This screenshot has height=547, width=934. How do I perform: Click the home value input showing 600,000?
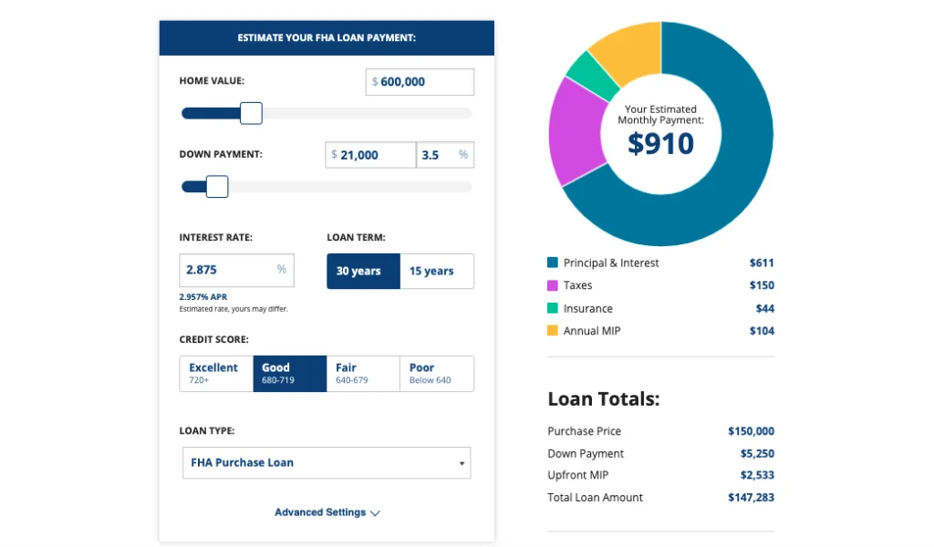pos(420,81)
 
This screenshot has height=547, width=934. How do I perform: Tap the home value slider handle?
pos(251,113)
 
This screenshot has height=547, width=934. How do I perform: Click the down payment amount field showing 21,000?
pos(370,155)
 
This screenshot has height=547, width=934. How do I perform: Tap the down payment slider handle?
pos(217,187)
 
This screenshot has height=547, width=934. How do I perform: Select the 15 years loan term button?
pos(436,271)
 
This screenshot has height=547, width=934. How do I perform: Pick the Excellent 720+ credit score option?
pos(216,373)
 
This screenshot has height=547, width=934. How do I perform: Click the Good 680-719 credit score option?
pos(289,373)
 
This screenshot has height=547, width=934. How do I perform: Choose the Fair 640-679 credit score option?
pos(363,373)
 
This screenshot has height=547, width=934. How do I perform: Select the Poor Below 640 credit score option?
pos(436,373)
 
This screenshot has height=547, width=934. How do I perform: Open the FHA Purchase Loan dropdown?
pos(327,462)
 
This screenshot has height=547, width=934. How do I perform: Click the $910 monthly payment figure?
pos(660,143)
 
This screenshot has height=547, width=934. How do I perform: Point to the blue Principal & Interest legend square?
pos(552,263)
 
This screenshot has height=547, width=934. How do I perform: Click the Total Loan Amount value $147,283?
pos(751,498)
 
